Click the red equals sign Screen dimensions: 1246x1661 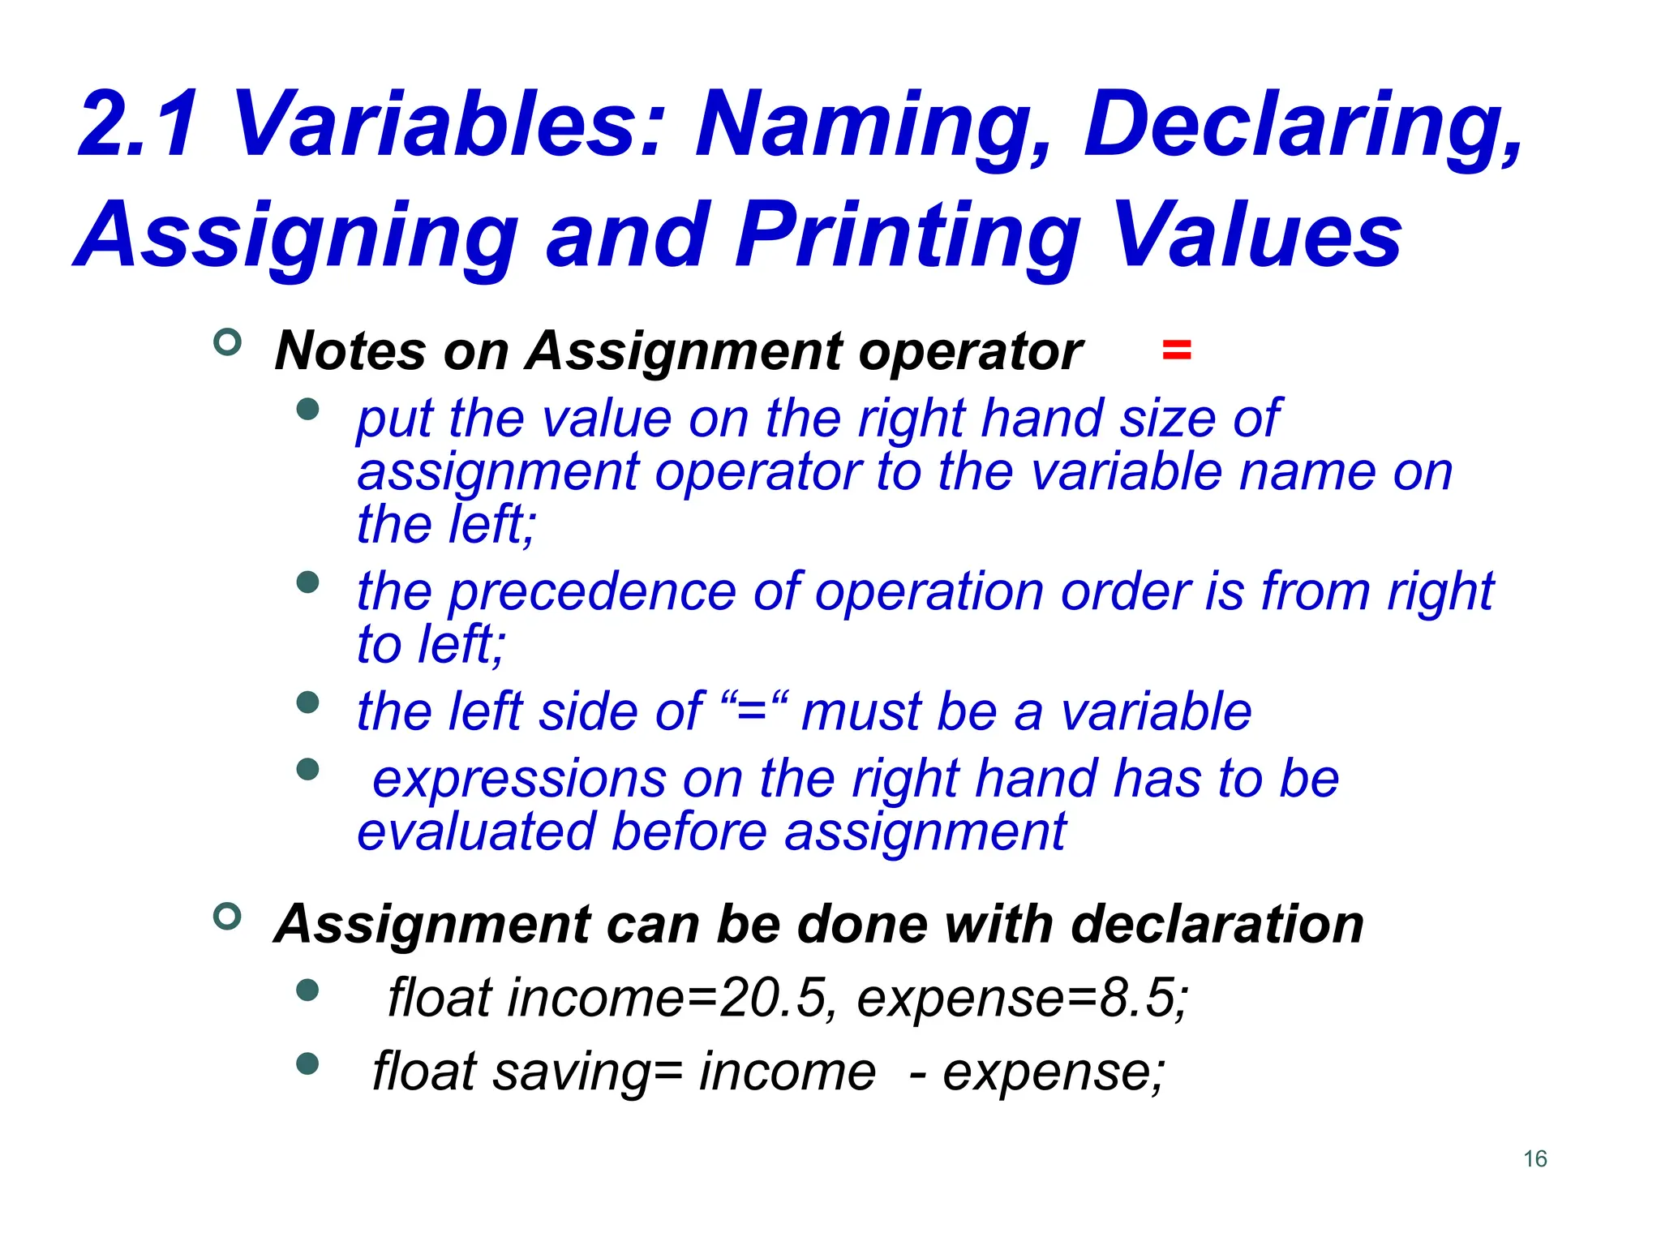(x=1176, y=350)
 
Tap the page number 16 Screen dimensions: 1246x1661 (x=1534, y=1158)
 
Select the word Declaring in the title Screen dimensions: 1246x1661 (x=1303, y=126)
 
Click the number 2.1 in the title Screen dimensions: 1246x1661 (x=138, y=126)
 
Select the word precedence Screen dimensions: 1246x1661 (x=592, y=592)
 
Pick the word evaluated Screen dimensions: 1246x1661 (x=476, y=832)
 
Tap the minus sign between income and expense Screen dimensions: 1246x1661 (x=917, y=1074)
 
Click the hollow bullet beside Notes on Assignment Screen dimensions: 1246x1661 (x=227, y=342)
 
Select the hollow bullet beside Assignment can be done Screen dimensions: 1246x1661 (x=227, y=917)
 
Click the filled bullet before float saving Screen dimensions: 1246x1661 (x=307, y=1063)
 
